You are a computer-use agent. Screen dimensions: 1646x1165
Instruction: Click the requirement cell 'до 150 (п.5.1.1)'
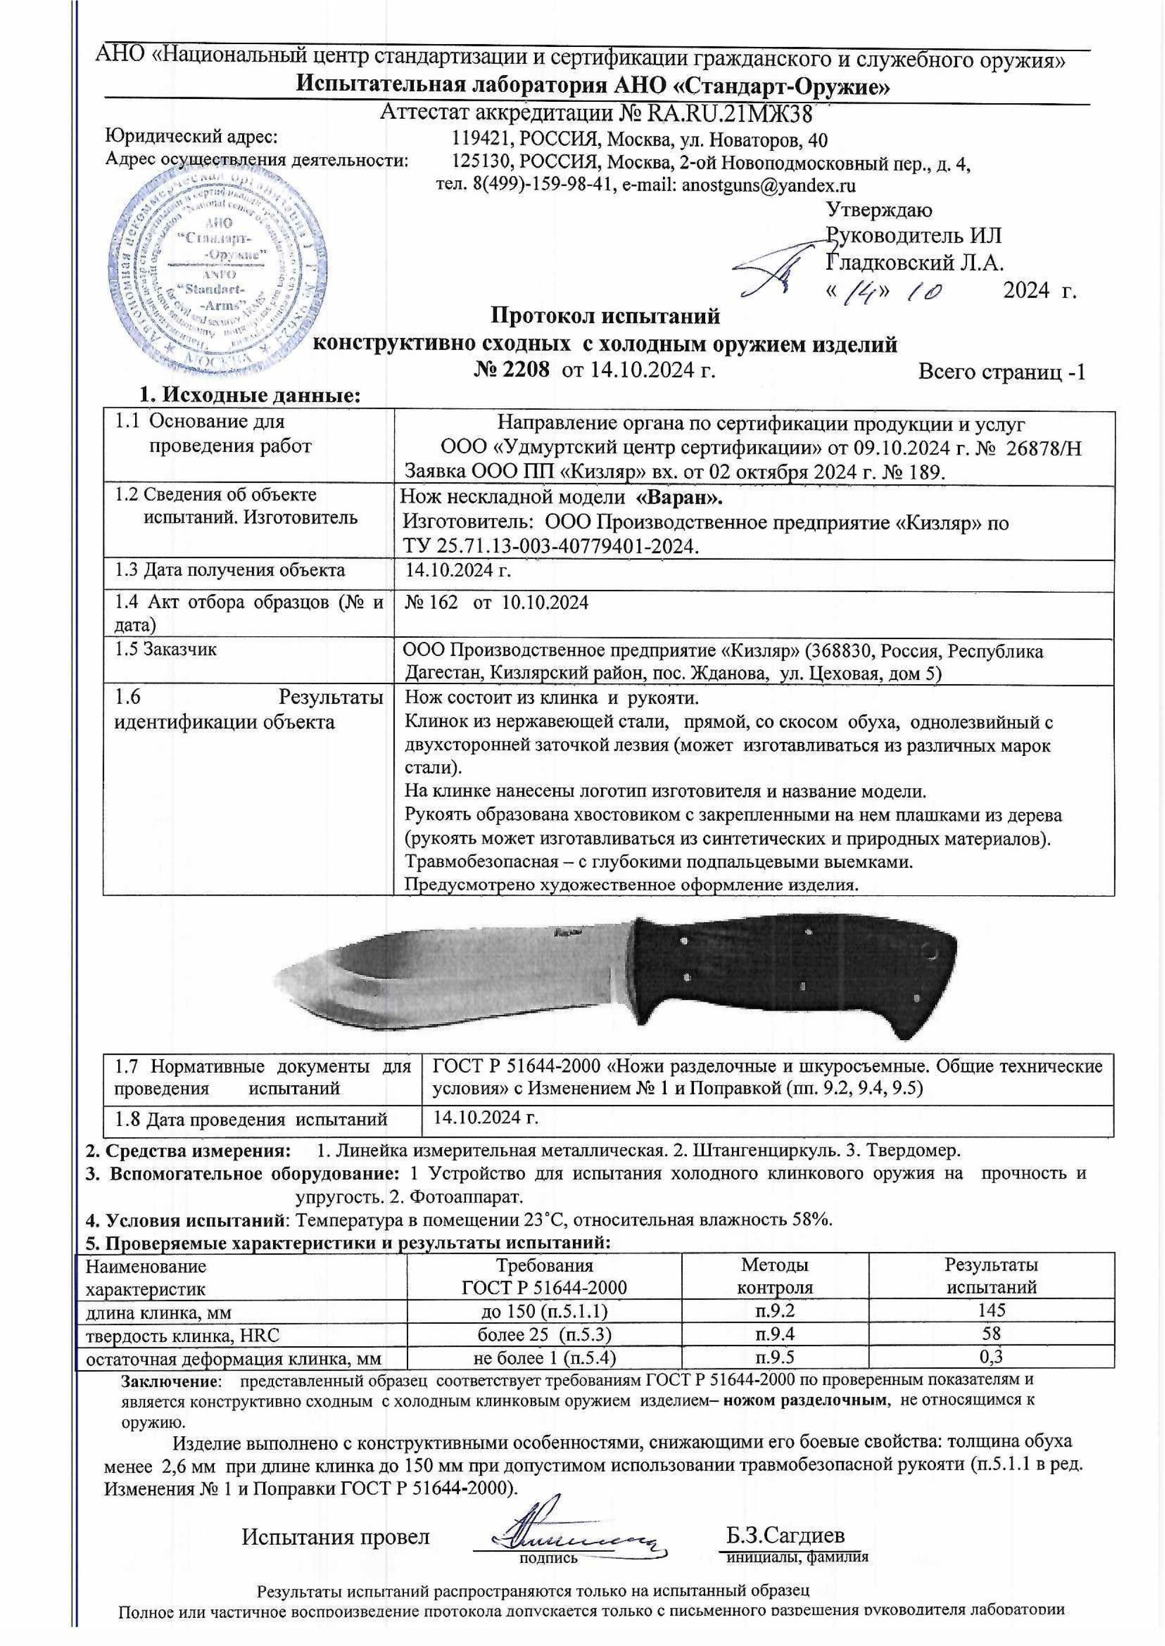(x=544, y=1311)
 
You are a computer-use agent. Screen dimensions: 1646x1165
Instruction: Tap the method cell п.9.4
(x=775, y=1334)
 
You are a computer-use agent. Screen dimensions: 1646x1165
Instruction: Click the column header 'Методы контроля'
(x=775, y=1276)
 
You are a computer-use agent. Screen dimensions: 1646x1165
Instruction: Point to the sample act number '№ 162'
(x=431, y=602)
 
